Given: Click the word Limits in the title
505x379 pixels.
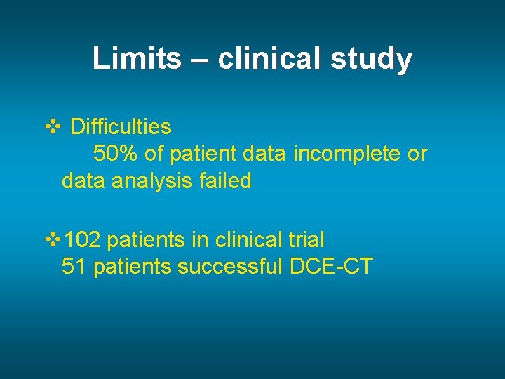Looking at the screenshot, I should click(137, 59).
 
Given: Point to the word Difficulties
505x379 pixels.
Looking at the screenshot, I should click(121, 127).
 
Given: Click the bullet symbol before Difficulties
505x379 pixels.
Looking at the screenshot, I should click(53, 127).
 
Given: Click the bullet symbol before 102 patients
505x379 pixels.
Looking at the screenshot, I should click(53, 240).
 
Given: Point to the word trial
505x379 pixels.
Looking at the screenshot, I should click(304, 240).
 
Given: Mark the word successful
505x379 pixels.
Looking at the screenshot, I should click(231, 267).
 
